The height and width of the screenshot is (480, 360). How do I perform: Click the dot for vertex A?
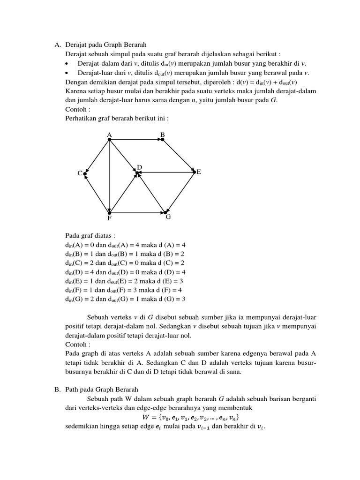pos(109,139)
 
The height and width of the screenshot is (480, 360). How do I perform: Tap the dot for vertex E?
pos(194,172)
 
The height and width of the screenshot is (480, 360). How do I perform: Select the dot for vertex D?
pos(137,173)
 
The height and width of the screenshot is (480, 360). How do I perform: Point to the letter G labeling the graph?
pos(168,217)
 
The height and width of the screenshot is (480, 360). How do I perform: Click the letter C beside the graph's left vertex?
pos(80,173)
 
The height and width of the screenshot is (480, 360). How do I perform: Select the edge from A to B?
pos(136,139)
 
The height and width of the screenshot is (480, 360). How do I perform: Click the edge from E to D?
pos(166,172)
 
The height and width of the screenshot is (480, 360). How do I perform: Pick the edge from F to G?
pos(138,213)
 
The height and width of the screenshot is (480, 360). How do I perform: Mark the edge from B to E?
pos(178,156)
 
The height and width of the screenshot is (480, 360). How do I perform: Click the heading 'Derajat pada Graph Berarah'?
pos(106,45)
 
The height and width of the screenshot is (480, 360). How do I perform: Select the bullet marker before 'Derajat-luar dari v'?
pos(68,73)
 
